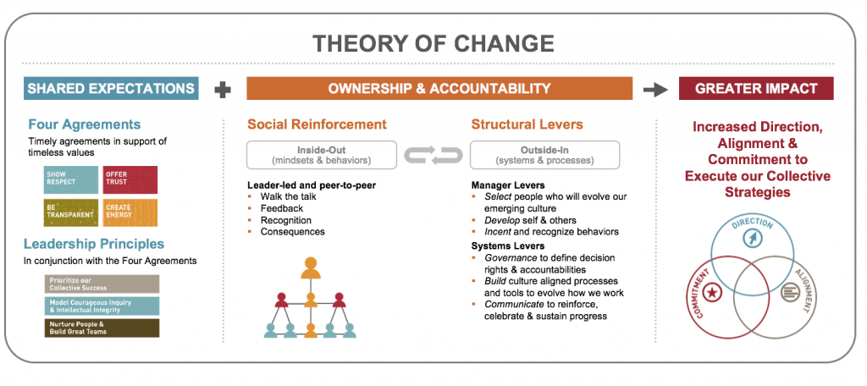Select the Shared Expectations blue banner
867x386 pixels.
(x=111, y=89)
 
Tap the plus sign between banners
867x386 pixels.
(x=223, y=89)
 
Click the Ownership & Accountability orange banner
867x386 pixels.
(x=439, y=89)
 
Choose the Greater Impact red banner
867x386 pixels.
(x=756, y=89)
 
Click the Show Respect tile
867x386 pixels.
(x=70, y=179)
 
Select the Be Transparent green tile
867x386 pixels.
(x=70, y=212)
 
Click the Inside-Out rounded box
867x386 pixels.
(x=322, y=155)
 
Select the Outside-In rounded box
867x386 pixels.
(x=545, y=155)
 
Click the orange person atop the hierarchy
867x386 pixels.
(x=311, y=267)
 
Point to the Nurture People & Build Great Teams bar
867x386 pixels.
(x=102, y=328)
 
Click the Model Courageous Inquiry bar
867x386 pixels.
(x=102, y=306)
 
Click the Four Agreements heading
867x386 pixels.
(x=85, y=124)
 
